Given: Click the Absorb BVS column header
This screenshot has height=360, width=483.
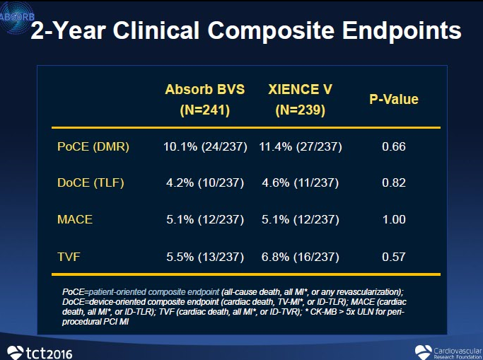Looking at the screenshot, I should coord(204,100).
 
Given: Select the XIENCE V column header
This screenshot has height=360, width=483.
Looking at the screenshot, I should coord(300,100).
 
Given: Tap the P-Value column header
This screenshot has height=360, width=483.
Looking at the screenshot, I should coord(394,99).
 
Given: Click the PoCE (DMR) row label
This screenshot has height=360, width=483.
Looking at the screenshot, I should coord(93,147).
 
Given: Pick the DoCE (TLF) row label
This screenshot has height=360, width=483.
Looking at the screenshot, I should coord(91,183).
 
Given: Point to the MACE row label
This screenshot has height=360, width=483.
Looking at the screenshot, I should coord(75,219).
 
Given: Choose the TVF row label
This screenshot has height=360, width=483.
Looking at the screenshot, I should coord(69,255).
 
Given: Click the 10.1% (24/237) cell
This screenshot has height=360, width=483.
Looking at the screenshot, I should coord(204,147).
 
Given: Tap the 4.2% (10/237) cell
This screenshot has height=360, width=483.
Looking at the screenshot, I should coord(204,183).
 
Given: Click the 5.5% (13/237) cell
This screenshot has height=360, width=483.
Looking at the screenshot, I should coord(204,255).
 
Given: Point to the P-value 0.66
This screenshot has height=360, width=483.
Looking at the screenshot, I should coord(394,147).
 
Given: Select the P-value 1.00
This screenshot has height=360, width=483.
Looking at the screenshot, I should coord(394,219).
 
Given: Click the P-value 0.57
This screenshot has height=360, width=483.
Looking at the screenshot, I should coord(394,255).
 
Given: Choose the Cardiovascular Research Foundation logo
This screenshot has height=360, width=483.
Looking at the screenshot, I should coord(445,350).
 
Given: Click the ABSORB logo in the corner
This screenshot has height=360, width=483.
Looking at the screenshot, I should coord(16,15).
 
